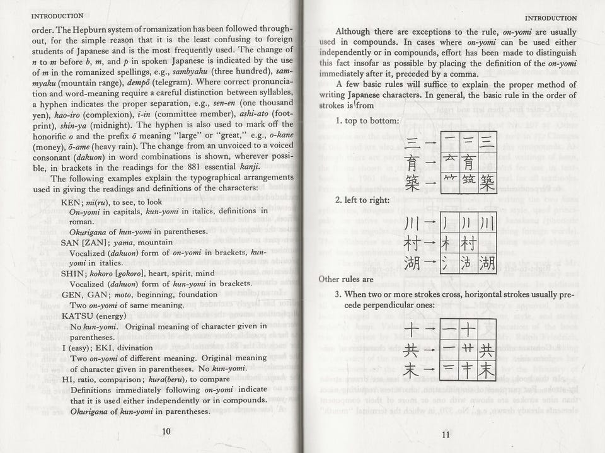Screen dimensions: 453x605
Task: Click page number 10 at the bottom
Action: click(166, 432)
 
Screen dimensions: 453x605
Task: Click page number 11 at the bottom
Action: click(446, 433)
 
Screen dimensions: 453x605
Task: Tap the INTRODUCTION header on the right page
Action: click(550, 18)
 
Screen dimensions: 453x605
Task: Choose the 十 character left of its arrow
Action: click(411, 330)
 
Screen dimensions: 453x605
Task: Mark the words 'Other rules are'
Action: click(346, 278)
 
